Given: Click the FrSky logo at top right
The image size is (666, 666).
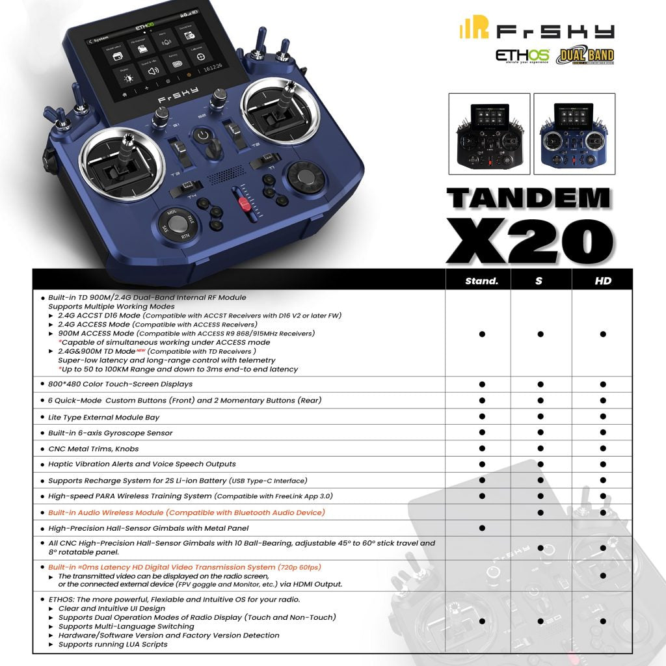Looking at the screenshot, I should [537, 30].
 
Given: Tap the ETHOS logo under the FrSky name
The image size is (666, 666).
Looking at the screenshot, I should [522, 55].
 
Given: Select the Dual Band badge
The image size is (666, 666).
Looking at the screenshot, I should [585, 55].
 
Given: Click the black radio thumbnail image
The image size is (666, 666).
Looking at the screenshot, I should [488, 134].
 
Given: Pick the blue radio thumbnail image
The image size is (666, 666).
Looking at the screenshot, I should [574, 134].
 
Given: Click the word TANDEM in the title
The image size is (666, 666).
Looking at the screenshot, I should [529, 198].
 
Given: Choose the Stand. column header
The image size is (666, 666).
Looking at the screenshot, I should [482, 281].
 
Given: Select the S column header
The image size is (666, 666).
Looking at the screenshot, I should [540, 281].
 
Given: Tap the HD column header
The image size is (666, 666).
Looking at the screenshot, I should [603, 281].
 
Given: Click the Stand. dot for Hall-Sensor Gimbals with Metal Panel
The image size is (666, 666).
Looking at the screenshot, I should [482, 528].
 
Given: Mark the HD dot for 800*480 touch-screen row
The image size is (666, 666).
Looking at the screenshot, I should [603, 384].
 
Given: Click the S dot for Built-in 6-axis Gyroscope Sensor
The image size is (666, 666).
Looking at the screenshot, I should [540, 433].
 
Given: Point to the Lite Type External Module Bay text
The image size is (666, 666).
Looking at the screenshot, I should [104, 417].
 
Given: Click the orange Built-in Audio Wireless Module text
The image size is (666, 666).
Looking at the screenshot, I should [187, 513].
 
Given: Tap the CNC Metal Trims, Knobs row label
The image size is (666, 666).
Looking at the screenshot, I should [94, 449].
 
